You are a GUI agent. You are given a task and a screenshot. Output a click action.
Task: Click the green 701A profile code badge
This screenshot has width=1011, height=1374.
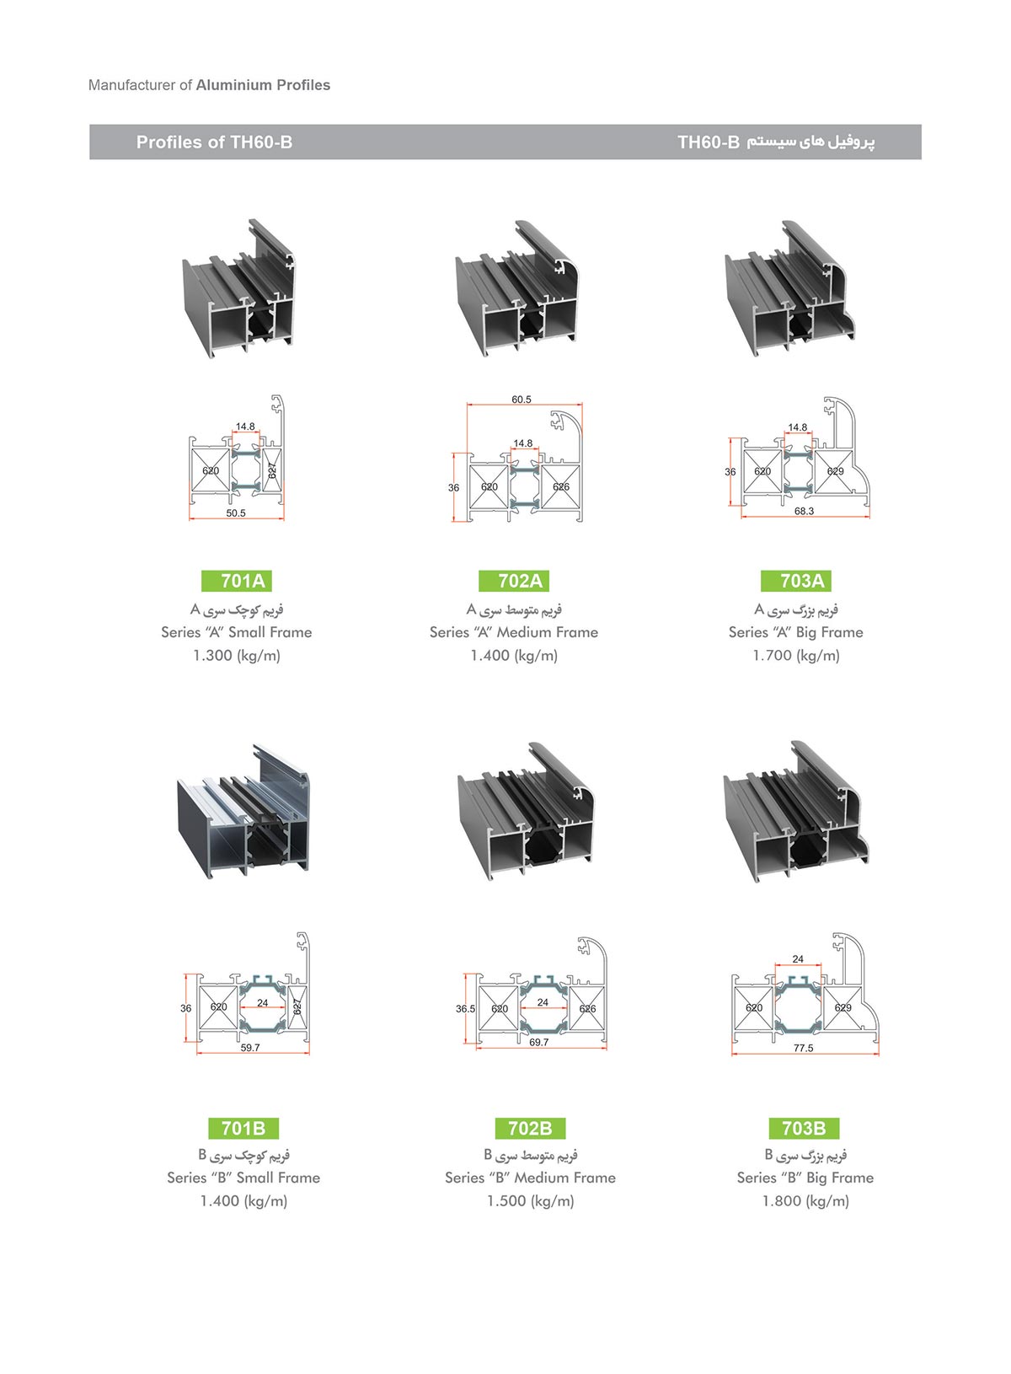coord(237,580)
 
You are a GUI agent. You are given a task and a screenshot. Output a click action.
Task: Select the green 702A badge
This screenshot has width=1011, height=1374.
coord(514,580)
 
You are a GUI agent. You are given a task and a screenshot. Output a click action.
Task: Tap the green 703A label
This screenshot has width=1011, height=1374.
coord(796,580)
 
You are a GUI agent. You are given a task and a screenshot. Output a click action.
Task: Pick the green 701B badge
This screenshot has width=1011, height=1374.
coord(243,1128)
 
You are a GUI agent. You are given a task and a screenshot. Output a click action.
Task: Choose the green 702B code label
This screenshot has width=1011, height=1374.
coord(530,1128)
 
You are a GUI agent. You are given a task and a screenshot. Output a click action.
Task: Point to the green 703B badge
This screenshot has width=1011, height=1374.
coord(805,1128)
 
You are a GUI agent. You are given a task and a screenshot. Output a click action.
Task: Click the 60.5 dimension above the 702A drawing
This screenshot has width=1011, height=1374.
coord(522,400)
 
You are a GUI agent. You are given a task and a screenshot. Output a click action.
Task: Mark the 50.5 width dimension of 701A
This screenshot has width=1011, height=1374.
coord(236,513)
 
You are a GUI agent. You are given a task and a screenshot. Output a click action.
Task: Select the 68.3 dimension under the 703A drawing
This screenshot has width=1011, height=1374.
coord(805,511)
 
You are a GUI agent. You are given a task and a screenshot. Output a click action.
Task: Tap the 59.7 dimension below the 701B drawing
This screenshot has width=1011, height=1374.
coord(250,1048)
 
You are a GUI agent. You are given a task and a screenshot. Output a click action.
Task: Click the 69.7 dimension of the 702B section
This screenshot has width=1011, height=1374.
coord(539,1042)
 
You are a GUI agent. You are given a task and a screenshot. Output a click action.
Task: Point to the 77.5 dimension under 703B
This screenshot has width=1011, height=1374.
coord(803,1049)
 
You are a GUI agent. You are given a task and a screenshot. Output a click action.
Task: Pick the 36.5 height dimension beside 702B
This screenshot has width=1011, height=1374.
coord(465,1008)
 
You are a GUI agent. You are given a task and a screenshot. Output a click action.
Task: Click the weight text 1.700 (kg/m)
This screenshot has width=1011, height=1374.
coord(796,656)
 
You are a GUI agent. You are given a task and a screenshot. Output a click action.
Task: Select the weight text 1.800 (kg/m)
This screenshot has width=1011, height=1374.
coord(805,1201)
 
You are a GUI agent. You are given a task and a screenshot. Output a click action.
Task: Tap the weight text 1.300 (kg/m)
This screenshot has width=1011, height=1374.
coord(237,656)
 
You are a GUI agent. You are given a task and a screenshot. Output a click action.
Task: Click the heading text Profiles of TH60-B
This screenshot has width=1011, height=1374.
coord(215,142)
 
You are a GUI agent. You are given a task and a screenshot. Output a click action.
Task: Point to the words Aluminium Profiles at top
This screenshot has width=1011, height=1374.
coord(263,85)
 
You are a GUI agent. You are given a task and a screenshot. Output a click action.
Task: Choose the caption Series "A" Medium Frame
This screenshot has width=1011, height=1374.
coord(514,632)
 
